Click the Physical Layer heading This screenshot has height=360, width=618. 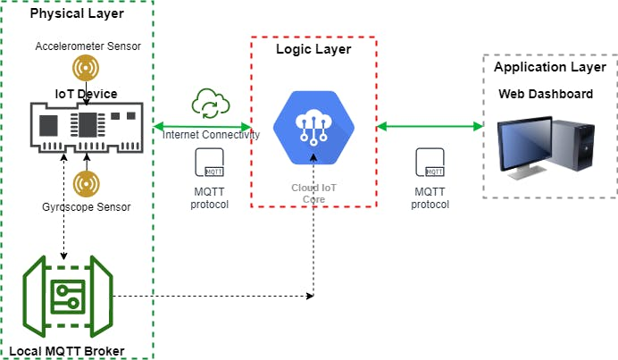(x=77, y=14)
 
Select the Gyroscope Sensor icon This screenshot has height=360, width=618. (x=86, y=183)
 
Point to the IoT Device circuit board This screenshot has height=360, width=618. (x=87, y=124)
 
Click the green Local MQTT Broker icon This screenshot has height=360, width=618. (x=64, y=295)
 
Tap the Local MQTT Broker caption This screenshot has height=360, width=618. (x=66, y=350)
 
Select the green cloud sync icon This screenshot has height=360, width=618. (x=210, y=104)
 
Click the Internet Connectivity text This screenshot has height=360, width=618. (x=212, y=134)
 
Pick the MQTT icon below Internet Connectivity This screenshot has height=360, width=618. (x=210, y=165)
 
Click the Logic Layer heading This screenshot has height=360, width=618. (x=313, y=49)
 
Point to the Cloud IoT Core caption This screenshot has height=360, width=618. (x=313, y=194)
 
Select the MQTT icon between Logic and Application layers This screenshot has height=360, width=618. (x=430, y=165)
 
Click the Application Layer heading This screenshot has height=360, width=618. (x=550, y=67)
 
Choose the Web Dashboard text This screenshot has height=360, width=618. (x=545, y=94)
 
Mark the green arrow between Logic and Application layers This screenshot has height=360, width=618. (x=430, y=127)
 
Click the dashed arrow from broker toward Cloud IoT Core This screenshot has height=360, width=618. (x=214, y=296)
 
